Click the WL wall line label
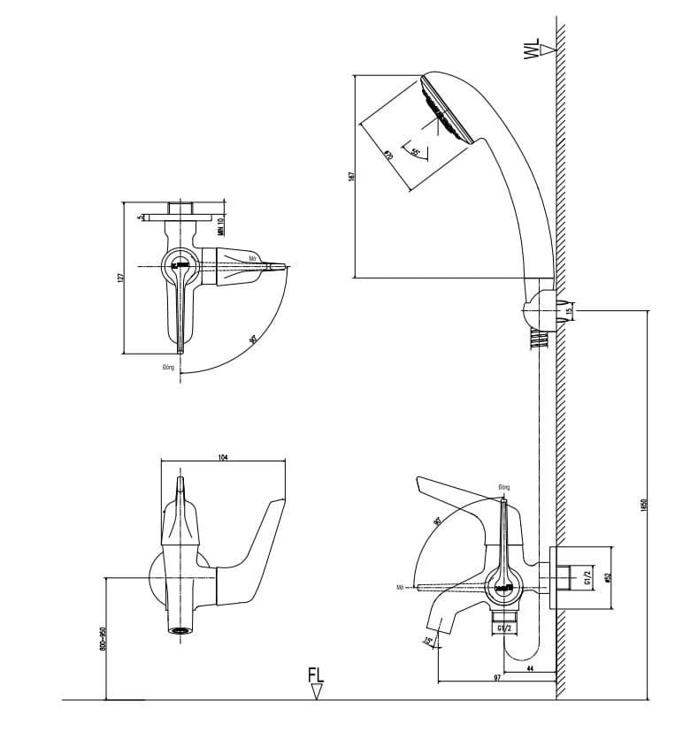coord(531,49)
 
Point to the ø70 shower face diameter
coord(388,155)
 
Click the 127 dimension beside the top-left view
coord(121,278)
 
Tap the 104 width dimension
coord(222,456)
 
